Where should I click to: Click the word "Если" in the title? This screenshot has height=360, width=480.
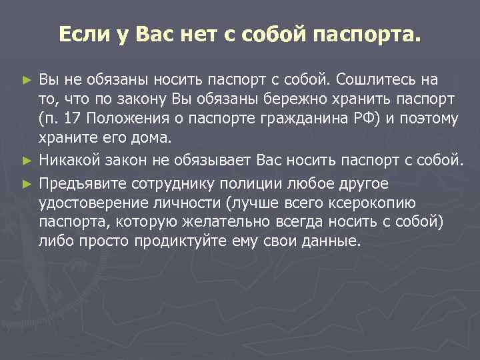79,34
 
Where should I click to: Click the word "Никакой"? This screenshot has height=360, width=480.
67,160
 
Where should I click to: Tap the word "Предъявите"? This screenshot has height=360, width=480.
79,183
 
